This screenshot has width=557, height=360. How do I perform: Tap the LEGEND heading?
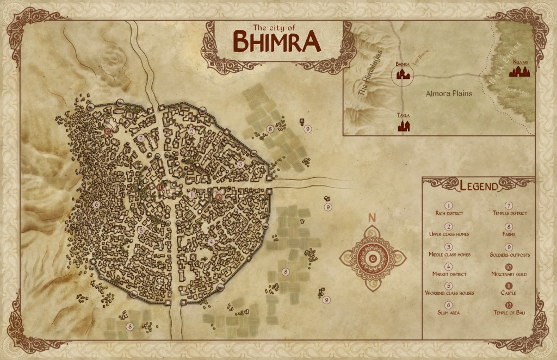pos(479,187)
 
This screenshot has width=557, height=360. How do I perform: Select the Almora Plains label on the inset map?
pos(448,94)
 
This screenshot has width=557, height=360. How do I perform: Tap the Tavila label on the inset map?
pos(403,116)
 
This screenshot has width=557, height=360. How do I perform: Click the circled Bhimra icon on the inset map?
pos(403,75)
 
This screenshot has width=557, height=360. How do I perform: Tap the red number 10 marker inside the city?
pos(219,198)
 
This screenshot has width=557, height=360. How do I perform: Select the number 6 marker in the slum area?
pos(97,204)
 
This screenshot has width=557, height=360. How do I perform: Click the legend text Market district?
pos(448,275)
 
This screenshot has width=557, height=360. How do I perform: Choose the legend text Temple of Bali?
pos(509,313)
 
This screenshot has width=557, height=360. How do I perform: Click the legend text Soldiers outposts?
pos(509,255)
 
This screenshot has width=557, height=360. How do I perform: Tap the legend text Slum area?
pos(448,313)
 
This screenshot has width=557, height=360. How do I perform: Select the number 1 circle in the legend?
pos(448,206)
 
